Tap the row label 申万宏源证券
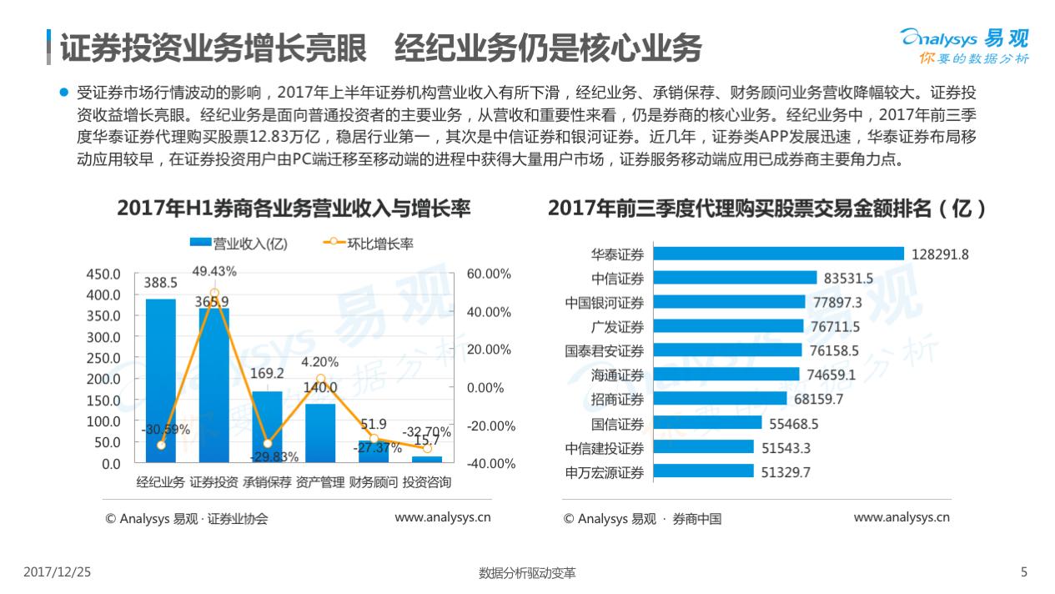point(605,473)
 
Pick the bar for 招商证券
point(720,400)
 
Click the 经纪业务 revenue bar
point(160,380)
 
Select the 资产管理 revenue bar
point(320,432)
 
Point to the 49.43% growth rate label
point(214,272)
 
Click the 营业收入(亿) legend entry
point(239,244)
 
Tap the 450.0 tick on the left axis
point(104,274)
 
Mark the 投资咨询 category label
point(427,483)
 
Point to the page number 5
point(1025,572)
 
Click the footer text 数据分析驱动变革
point(527,573)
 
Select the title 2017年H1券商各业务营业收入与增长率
point(294,209)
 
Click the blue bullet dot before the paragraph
point(63,92)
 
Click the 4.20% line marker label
point(320,362)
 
